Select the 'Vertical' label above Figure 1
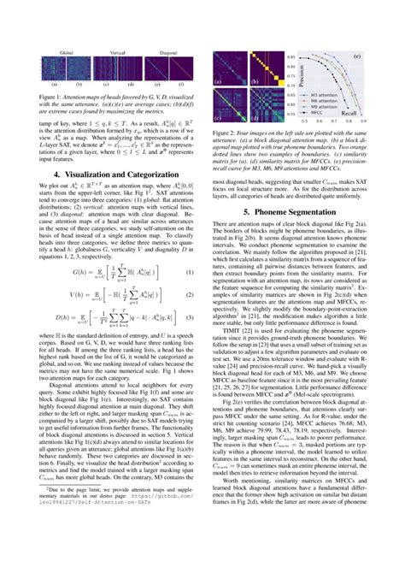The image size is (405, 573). [114, 52]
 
